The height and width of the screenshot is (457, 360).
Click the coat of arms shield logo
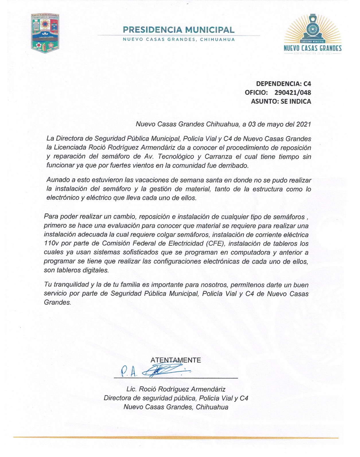pyautogui.click(x=45, y=33)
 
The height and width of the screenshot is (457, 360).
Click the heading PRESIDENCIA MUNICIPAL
pyautogui.click(x=178, y=30)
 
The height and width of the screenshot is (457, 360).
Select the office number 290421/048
pyautogui.click(x=293, y=93)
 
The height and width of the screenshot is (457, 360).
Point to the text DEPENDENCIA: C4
pyautogui.click(x=283, y=84)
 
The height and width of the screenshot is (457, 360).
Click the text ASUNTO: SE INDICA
pyautogui.click(x=281, y=101)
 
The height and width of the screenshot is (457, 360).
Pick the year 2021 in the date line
pyautogui.click(x=303, y=124)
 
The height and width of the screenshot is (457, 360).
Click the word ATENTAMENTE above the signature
pyautogui.click(x=176, y=360)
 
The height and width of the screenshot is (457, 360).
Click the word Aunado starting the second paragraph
pyautogui.click(x=56, y=180)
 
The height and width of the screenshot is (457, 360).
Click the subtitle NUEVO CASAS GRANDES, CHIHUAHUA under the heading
pyautogui.click(x=179, y=40)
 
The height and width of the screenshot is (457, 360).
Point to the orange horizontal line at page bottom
pyautogui.click(x=176, y=438)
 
